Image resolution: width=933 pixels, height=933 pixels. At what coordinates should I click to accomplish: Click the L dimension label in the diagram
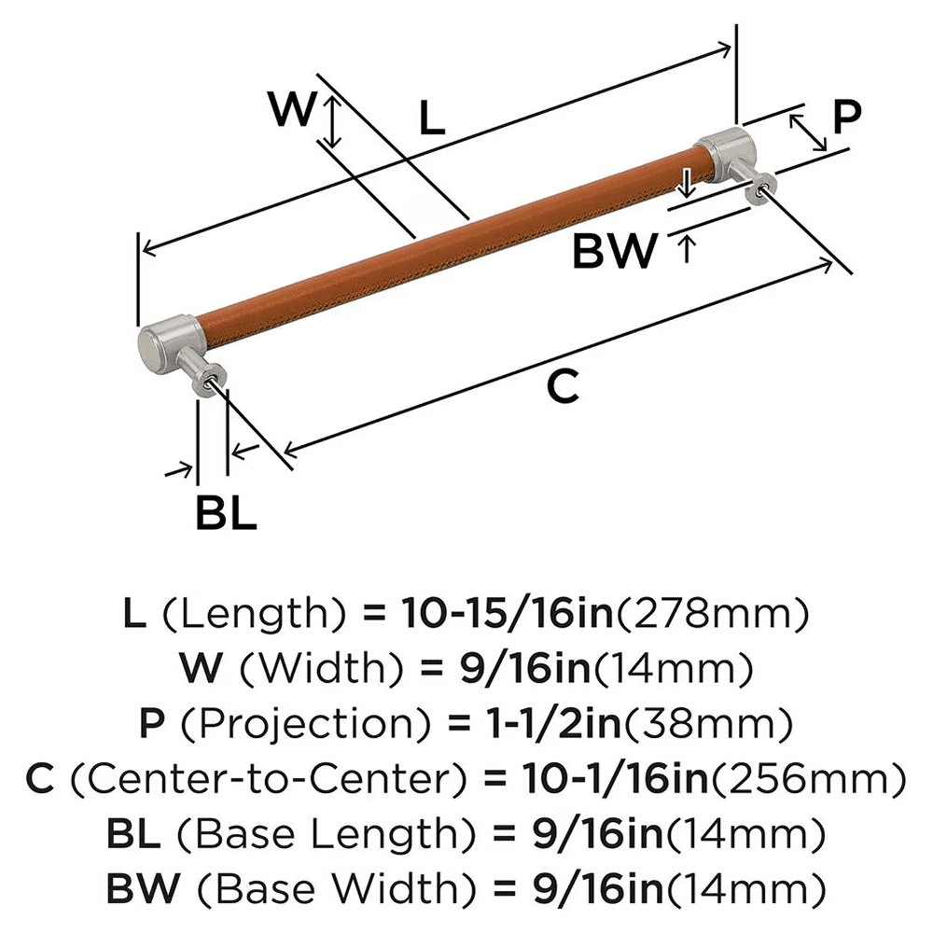(x=431, y=118)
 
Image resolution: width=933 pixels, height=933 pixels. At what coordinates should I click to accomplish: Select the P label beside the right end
(x=844, y=118)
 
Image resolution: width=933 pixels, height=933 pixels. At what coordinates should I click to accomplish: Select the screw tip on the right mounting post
(x=766, y=189)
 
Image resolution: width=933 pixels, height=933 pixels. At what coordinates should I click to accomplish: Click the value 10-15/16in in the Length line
(x=506, y=613)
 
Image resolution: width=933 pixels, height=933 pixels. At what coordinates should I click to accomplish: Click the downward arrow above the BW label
(x=686, y=184)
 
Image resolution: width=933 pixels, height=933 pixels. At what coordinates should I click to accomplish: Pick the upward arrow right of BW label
(x=688, y=249)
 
